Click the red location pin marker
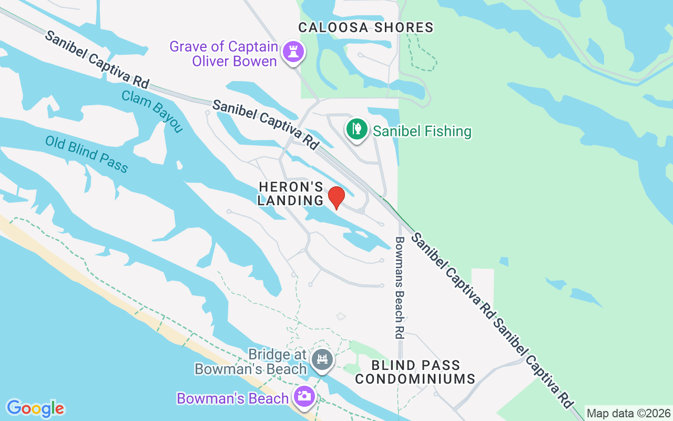[x=336, y=197]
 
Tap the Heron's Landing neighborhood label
[x=291, y=194]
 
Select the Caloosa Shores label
[x=366, y=27]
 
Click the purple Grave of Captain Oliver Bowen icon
[x=291, y=52]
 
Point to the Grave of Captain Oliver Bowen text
[x=223, y=54]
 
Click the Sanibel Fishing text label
[x=422, y=131]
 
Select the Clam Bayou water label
[x=152, y=112]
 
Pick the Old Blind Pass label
[x=86, y=154]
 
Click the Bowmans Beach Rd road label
[x=400, y=287]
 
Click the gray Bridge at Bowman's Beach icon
[x=322, y=360]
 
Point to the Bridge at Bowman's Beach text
[x=251, y=362]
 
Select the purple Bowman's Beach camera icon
[x=304, y=396]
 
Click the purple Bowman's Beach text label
[x=233, y=398]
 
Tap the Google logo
[x=35, y=408]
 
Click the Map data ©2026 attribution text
[x=629, y=414]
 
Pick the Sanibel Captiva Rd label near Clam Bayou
[x=97, y=58]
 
